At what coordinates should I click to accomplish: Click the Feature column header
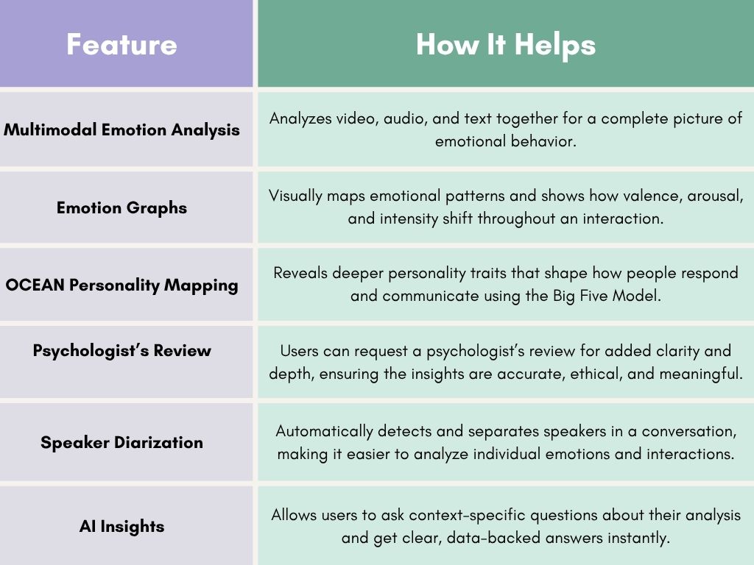[121, 44]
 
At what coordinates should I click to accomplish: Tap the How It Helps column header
[505, 44]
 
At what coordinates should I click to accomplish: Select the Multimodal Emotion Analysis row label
[122, 130]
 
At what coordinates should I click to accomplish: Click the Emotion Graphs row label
[122, 207]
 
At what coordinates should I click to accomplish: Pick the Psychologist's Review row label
[122, 350]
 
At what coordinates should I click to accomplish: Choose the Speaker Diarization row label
[122, 442]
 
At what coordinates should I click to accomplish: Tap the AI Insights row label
[122, 526]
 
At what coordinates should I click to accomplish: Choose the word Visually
[297, 196]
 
